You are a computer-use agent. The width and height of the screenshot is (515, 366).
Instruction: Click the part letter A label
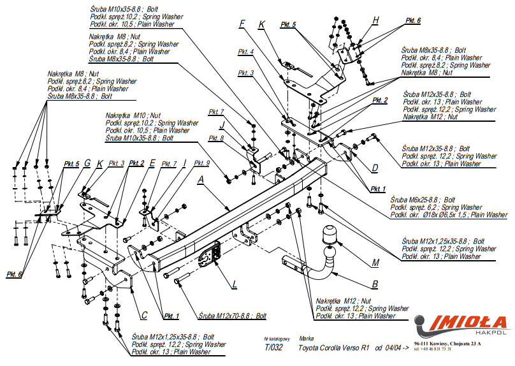pos(201,180)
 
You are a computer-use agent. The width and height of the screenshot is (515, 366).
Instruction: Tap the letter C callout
pos(145,314)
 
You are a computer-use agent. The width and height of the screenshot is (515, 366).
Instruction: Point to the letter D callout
pos(375,168)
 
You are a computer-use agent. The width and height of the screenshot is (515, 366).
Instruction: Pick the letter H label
pos(375,21)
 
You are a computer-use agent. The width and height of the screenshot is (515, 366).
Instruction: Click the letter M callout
pos(375,263)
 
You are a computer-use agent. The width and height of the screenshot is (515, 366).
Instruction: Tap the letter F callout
pos(242,25)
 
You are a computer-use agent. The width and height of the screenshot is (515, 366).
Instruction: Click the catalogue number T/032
pos(274,348)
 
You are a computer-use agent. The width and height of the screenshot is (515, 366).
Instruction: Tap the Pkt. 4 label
pos(246,52)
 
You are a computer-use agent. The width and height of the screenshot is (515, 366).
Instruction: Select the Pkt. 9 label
pos(202,163)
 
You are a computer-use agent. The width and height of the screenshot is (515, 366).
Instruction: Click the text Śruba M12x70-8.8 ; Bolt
pos(232,316)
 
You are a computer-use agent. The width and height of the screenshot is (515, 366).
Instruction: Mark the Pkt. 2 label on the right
pos(380,100)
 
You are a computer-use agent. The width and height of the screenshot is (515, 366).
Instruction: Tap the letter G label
pos(87,163)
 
